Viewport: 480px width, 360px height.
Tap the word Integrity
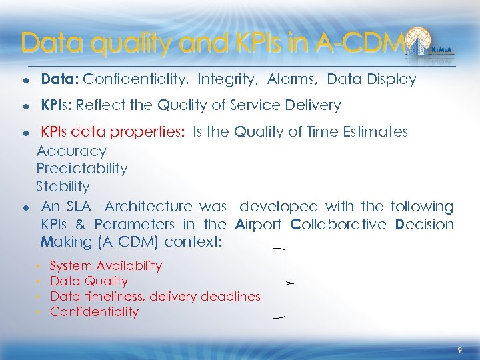coord(227,80)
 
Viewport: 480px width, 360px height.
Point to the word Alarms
coord(292,80)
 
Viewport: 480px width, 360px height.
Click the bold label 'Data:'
coord(60,80)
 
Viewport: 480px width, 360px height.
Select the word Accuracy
coord(71,151)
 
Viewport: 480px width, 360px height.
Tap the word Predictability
coord(82,169)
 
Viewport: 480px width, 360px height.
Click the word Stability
coord(63,186)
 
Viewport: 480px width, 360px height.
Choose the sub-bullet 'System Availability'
coord(106,265)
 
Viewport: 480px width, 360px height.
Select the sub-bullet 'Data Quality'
coord(89,281)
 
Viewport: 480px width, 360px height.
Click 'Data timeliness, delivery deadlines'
coord(155,297)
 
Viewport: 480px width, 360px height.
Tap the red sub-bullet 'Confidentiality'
coord(95,312)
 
